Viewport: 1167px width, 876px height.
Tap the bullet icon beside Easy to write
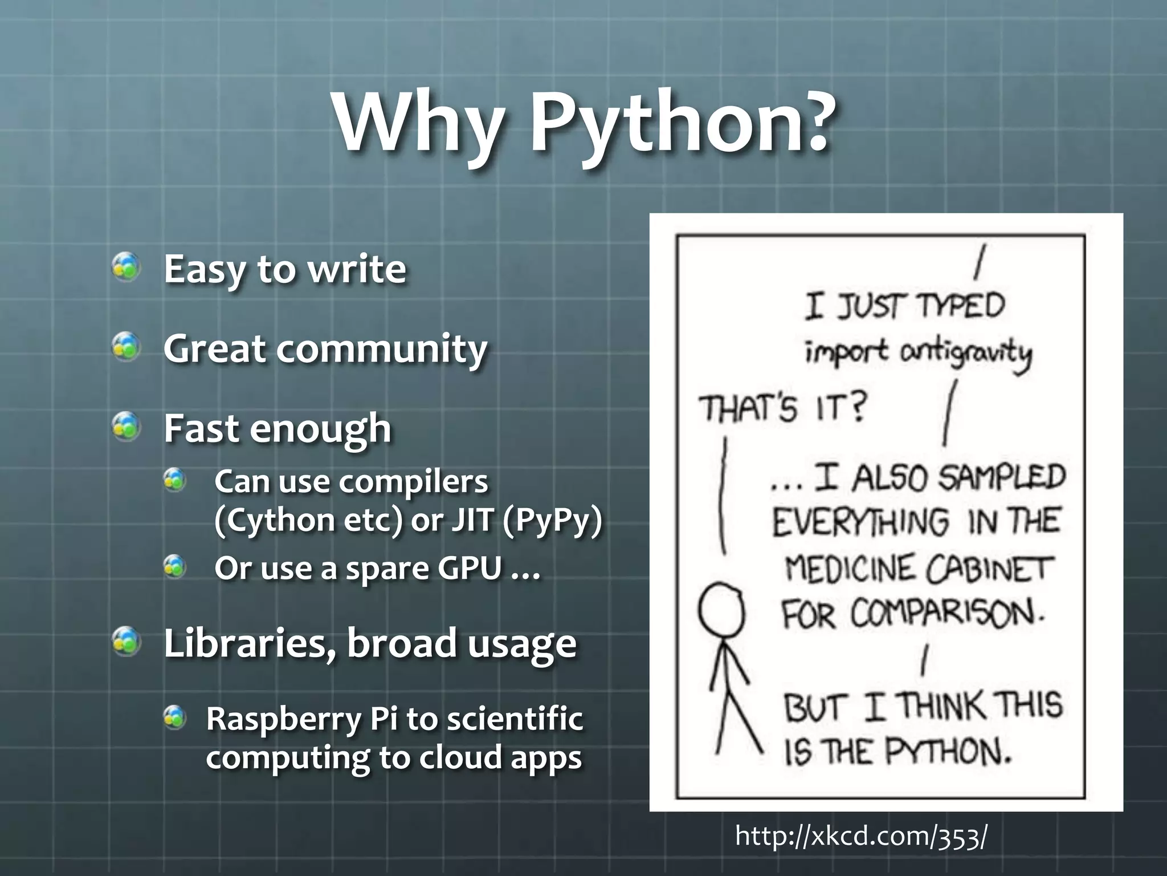126,267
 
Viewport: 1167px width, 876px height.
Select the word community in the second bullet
382,349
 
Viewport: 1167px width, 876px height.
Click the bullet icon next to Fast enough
126,427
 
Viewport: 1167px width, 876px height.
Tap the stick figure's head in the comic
721,610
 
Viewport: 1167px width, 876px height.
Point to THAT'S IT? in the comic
782,408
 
